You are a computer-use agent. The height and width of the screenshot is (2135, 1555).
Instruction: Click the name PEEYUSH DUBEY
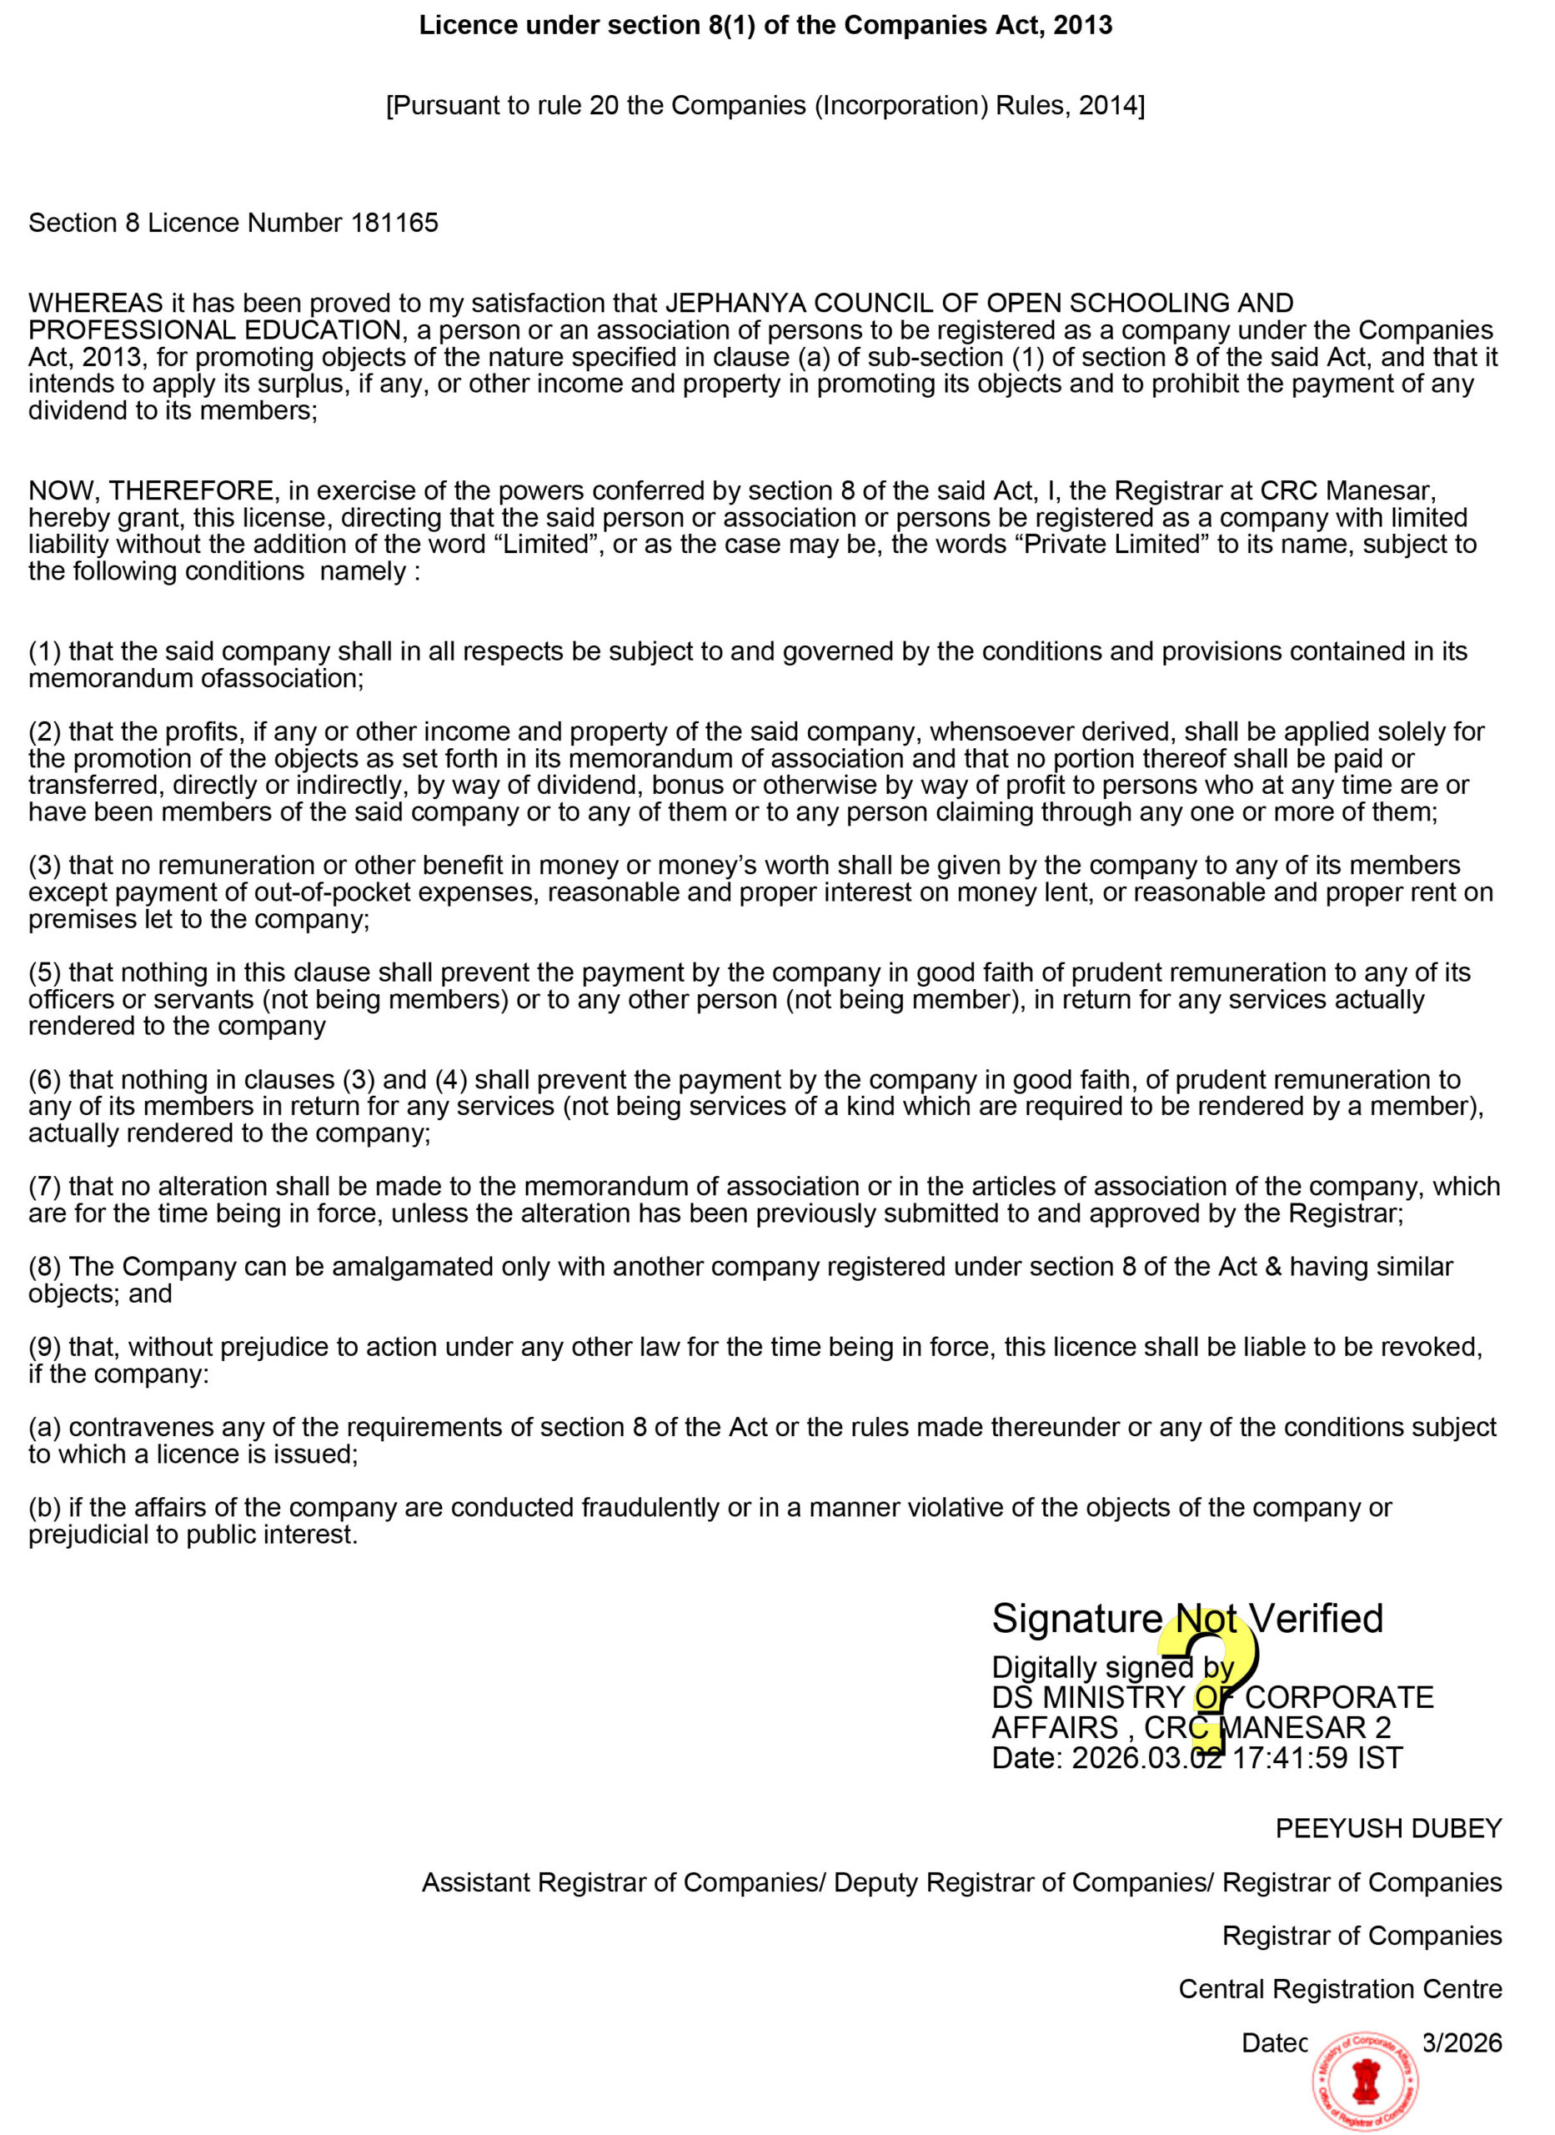pos(1388,1828)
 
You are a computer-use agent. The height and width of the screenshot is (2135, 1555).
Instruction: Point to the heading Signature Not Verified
pos(1187,1619)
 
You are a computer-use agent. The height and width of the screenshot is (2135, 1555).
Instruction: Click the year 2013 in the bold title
pos(1082,25)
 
